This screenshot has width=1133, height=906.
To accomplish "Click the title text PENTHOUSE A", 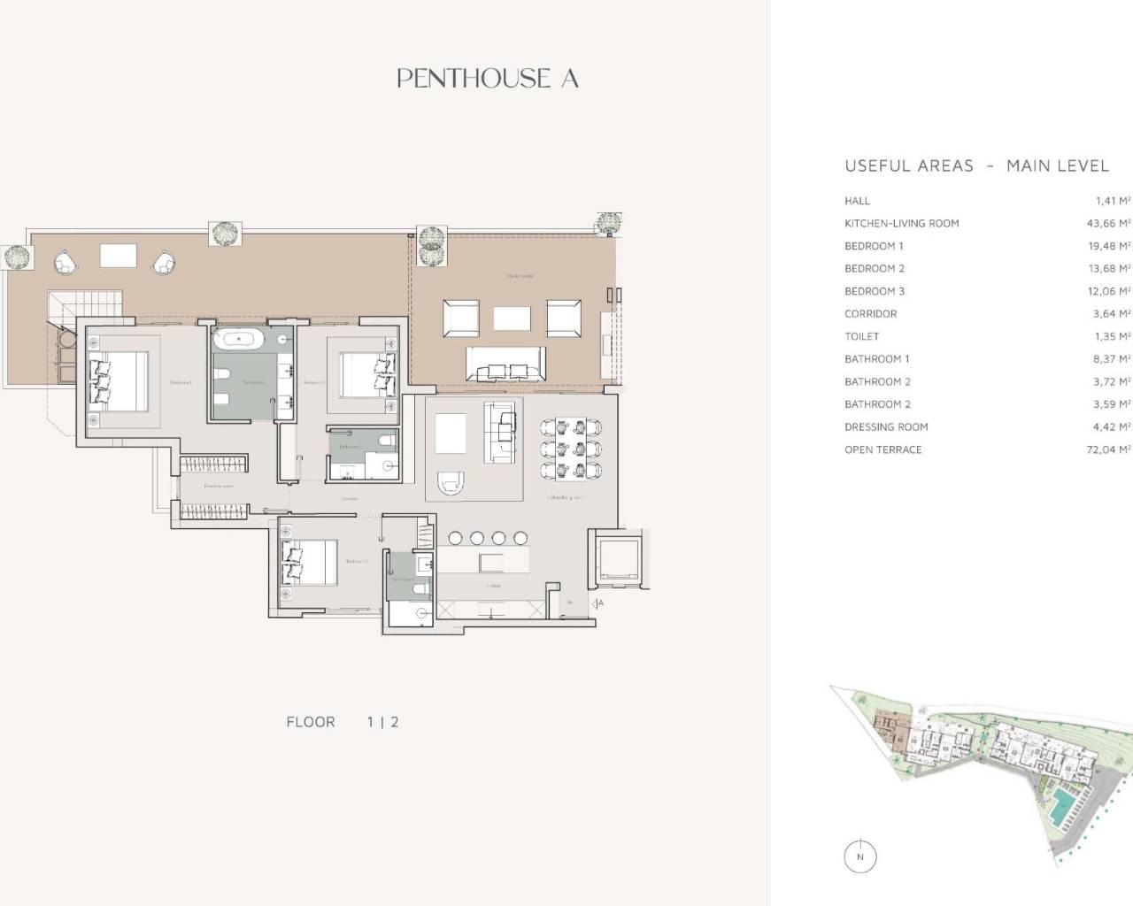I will [x=488, y=79].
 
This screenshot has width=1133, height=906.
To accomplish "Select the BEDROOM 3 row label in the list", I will [x=875, y=291].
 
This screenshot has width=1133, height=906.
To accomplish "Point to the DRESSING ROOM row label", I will [x=886, y=427].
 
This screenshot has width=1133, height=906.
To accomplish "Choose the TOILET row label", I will [x=862, y=336].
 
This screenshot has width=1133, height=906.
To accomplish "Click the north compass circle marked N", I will [x=859, y=856].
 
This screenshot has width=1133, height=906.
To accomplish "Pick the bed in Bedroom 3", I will [x=309, y=563].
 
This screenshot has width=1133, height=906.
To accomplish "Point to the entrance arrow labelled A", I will [x=598, y=603].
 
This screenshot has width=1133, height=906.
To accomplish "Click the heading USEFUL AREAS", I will [x=909, y=165].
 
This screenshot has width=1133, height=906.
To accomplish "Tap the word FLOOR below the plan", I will [x=311, y=722].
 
